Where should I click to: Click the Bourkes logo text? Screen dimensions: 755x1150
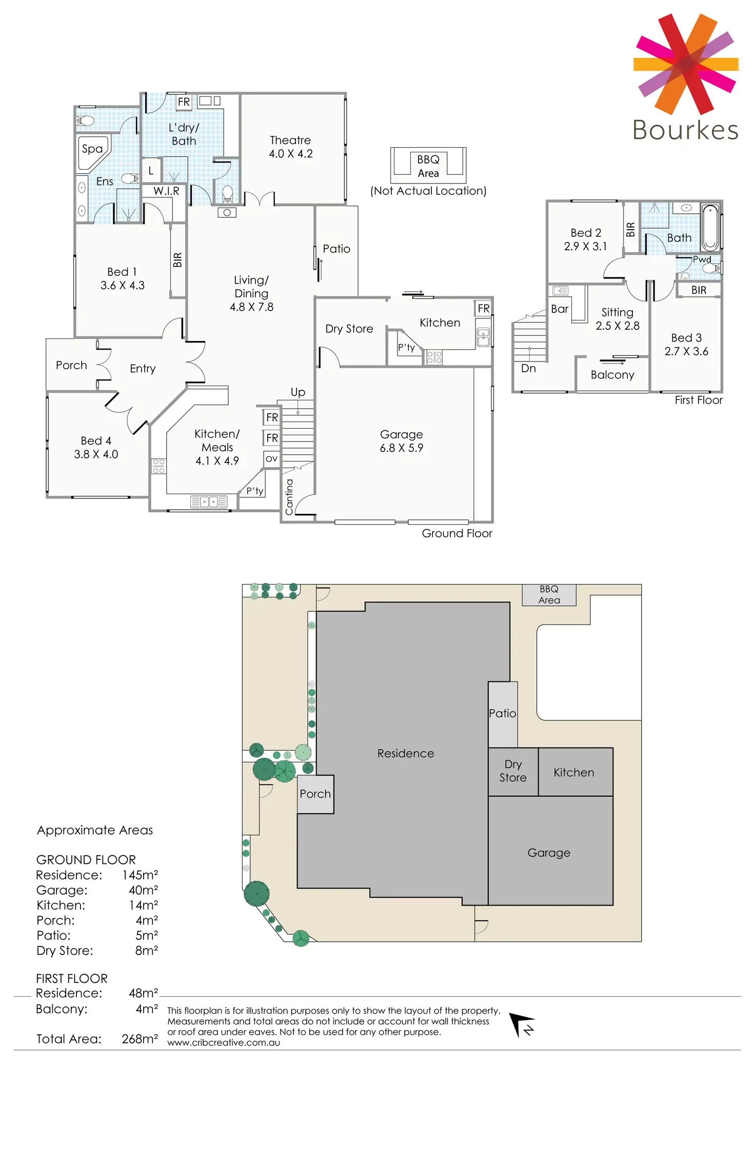pos(685,130)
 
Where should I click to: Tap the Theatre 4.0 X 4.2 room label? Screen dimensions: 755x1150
pos(291,147)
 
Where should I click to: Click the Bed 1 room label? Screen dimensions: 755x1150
pos(122,278)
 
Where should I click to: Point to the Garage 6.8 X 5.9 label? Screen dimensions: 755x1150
pos(401,441)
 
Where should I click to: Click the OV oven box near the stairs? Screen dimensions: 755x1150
pos(271,459)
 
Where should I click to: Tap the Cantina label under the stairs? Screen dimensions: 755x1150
pos(289,497)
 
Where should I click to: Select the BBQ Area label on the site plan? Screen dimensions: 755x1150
pos(549,595)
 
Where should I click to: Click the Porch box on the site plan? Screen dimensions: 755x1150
pos(315,794)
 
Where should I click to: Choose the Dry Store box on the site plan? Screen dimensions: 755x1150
pos(513,771)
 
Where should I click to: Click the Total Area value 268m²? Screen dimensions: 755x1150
pos(140,1039)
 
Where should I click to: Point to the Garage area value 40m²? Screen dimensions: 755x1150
pos(143,890)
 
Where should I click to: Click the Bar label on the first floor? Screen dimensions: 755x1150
pos(560,309)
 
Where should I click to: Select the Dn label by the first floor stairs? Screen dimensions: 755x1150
pos(528,368)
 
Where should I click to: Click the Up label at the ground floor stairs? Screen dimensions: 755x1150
pos(298,392)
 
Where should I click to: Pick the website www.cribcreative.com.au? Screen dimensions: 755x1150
pos(224,1042)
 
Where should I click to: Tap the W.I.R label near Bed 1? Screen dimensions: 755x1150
pos(166,191)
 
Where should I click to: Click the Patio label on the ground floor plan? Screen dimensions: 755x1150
pos(336,249)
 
